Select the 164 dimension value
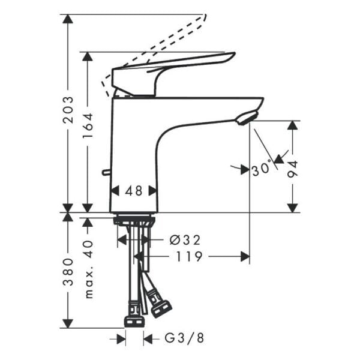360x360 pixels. tap(88, 126)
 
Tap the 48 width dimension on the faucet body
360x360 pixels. tap(134, 191)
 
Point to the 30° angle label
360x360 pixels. tap(261, 170)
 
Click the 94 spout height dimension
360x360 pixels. tap(293, 169)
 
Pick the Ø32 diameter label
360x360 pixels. tap(185, 240)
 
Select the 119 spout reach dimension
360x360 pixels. tap(190, 257)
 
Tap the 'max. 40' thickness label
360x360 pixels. tap(89, 269)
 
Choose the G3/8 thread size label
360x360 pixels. tap(184, 338)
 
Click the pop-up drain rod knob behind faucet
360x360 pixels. tap(106, 173)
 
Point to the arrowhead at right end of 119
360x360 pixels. tap(245, 257)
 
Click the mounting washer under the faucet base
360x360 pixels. tap(134, 221)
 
